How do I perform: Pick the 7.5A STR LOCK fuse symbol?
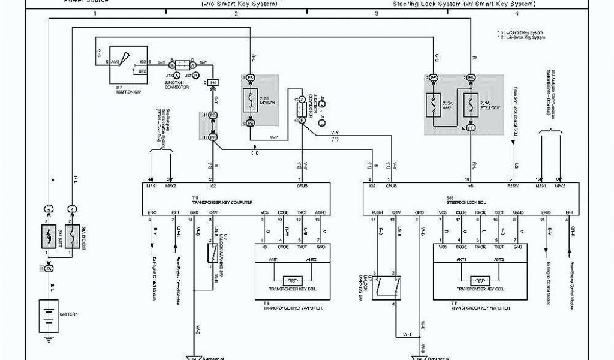coord(471,102)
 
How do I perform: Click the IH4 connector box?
coord(211,82)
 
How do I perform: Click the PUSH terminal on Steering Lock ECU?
coord(377,212)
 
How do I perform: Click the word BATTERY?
coord(67,314)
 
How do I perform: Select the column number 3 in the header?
coord(376,13)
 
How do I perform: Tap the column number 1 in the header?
coord(95,13)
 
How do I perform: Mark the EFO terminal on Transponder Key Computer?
coord(151,212)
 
